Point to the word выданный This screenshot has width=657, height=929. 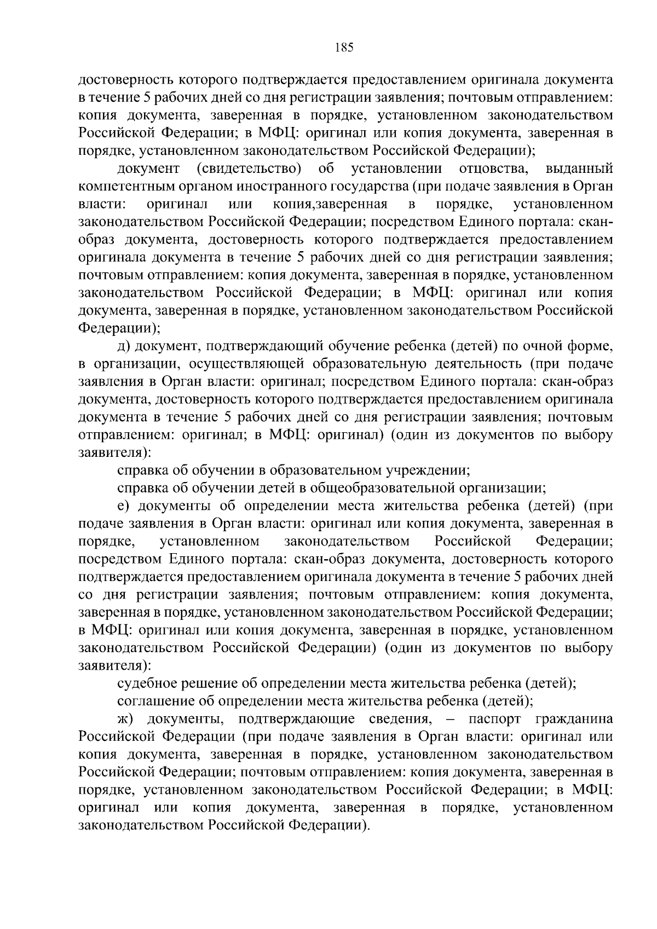pyautogui.click(x=579, y=169)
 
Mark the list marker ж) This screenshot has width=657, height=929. pyautogui.click(x=126, y=719)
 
